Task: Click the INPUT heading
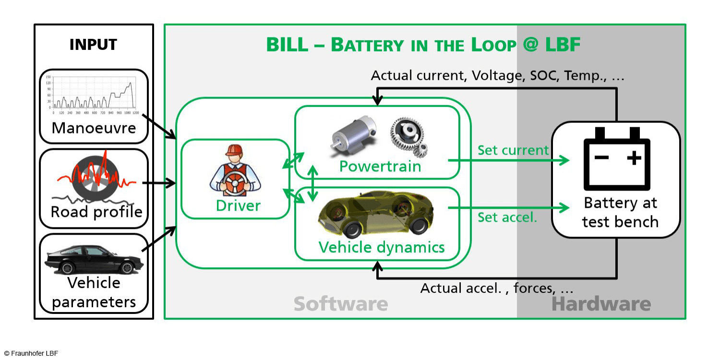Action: point(93,45)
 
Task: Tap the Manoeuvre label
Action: point(94,128)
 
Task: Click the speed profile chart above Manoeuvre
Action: point(93,94)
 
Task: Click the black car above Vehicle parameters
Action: point(94,259)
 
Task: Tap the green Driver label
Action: point(238,205)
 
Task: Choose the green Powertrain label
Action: point(380,167)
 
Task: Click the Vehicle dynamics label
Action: point(382,247)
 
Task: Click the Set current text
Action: point(513,150)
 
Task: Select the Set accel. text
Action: point(507,217)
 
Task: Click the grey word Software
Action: point(340,304)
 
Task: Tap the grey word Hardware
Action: point(601,304)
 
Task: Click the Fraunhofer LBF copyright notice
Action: point(31,353)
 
